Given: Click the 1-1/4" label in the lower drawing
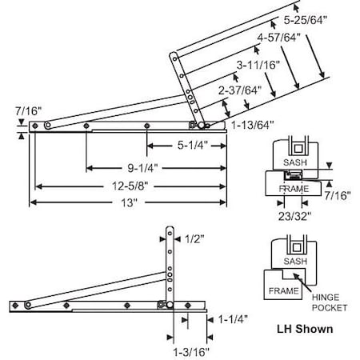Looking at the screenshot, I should click(231, 318).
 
